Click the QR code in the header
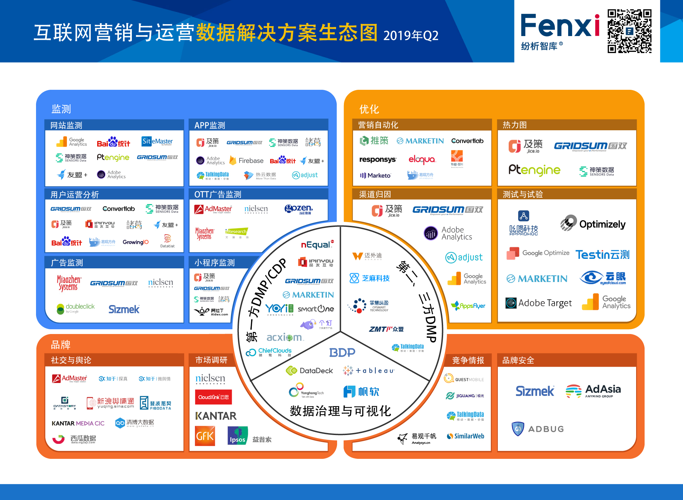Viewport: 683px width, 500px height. point(629,31)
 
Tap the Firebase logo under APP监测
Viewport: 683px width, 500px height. point(247,161)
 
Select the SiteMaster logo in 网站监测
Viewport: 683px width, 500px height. point(157,141)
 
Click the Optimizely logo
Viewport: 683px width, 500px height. point(593,224)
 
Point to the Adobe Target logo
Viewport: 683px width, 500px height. point(539,303)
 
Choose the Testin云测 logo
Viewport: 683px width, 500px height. point(602,254)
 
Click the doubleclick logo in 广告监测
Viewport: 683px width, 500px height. point(76,308)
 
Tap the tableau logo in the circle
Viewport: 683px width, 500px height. point(369,370)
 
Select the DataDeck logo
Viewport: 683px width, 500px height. point(310,370)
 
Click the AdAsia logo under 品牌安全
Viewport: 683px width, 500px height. point(593,391)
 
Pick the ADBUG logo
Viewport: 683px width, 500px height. point(538,429)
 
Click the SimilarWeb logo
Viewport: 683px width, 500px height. point(466,436)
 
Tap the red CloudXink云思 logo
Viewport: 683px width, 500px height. point(213,397)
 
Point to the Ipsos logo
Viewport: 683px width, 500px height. point(238,436)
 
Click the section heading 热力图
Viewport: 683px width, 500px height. point(514,125)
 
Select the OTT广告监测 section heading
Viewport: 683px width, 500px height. point(218,194)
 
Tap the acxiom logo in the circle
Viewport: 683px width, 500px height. point(284,337)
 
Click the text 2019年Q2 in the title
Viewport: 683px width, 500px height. point(411,36)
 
